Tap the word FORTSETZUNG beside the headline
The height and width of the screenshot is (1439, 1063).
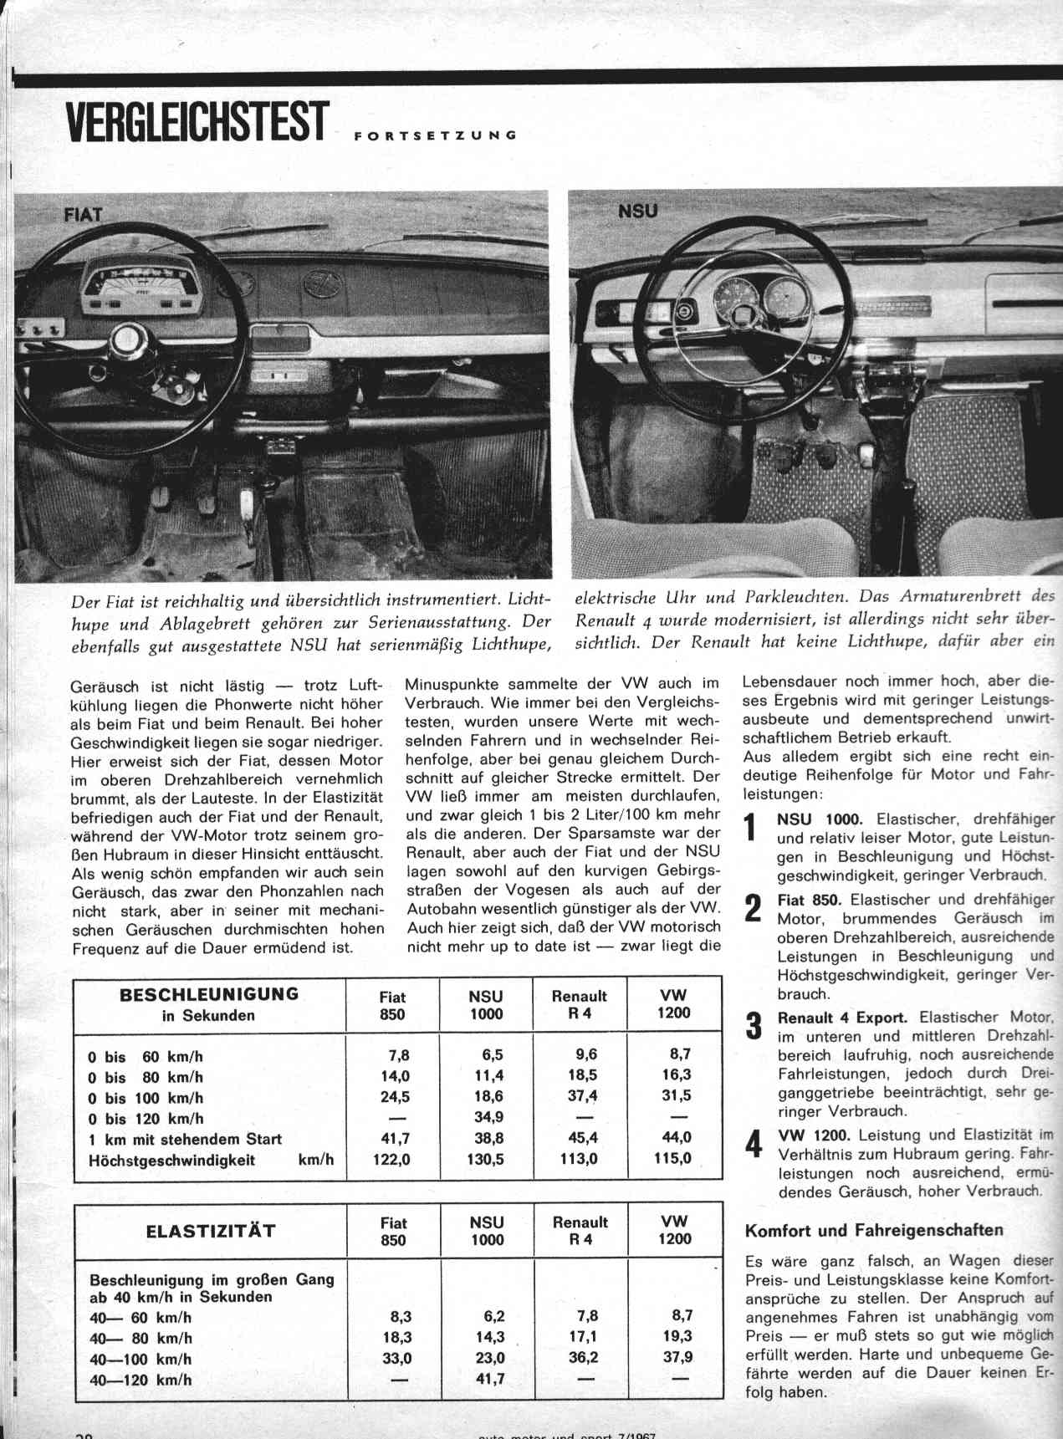point(434,135)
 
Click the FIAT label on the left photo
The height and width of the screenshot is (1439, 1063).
point(82,214)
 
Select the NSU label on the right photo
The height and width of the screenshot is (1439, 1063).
point(637,212)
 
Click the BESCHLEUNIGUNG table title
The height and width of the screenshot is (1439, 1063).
point(209,994)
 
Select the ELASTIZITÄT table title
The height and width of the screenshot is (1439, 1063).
point(210,1231)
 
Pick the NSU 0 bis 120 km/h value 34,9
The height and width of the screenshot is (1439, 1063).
point(486,1118)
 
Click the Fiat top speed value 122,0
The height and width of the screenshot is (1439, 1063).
point(391,1160)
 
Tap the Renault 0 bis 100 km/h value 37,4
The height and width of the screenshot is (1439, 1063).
point(582,1096)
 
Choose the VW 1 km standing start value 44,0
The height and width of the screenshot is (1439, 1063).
point(674,1138)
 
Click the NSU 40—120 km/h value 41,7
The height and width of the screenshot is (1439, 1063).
point(487,1380)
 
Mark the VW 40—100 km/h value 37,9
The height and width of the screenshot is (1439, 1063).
point(676,1358)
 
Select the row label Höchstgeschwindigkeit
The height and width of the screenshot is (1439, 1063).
point(171,1160)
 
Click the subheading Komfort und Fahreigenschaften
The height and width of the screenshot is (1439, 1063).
point(873,1230)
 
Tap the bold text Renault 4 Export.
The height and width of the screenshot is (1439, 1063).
point(841,1018)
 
